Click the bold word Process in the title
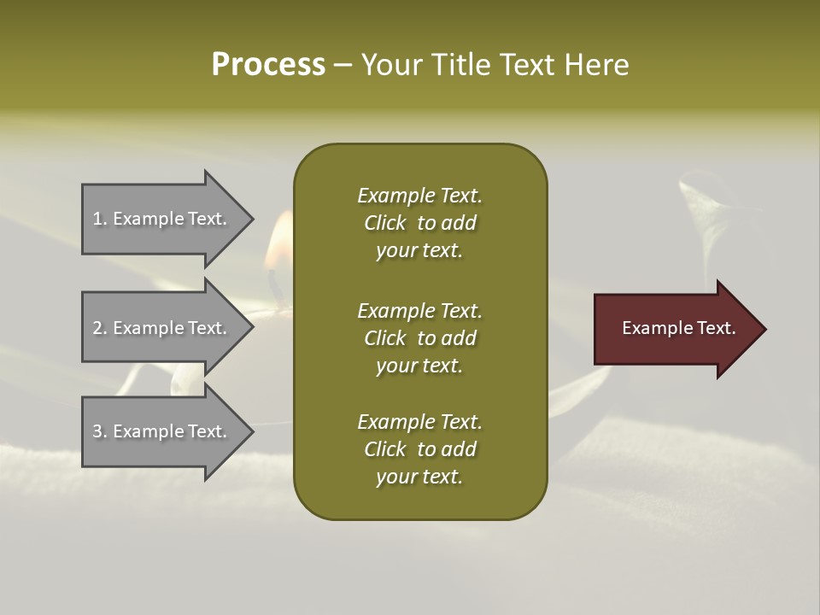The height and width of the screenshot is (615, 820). click(x=268, y=65)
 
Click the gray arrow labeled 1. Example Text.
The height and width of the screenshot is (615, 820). click(x=162, y=220)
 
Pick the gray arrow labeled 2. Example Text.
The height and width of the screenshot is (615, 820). click(x=162, y=329)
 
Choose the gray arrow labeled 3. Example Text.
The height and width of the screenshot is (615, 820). click(x=162, y=431)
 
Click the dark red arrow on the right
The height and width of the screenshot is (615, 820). click(x=675, y=329)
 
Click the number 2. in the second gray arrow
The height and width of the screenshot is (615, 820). click(x=100, y=328)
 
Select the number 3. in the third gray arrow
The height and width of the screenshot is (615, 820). click(x=100, y=431)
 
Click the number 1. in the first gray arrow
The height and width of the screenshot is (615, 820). click(x=100, y=219)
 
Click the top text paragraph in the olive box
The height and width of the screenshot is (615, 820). click(x=419, y=223)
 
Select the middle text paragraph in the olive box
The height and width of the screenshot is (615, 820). click(x=419, y=338)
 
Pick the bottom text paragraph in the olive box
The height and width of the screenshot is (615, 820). click(x=419, y=449)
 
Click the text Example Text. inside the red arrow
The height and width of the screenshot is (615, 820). click(x=678, y=328)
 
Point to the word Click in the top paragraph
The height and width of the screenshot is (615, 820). click(x=384, y=223)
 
